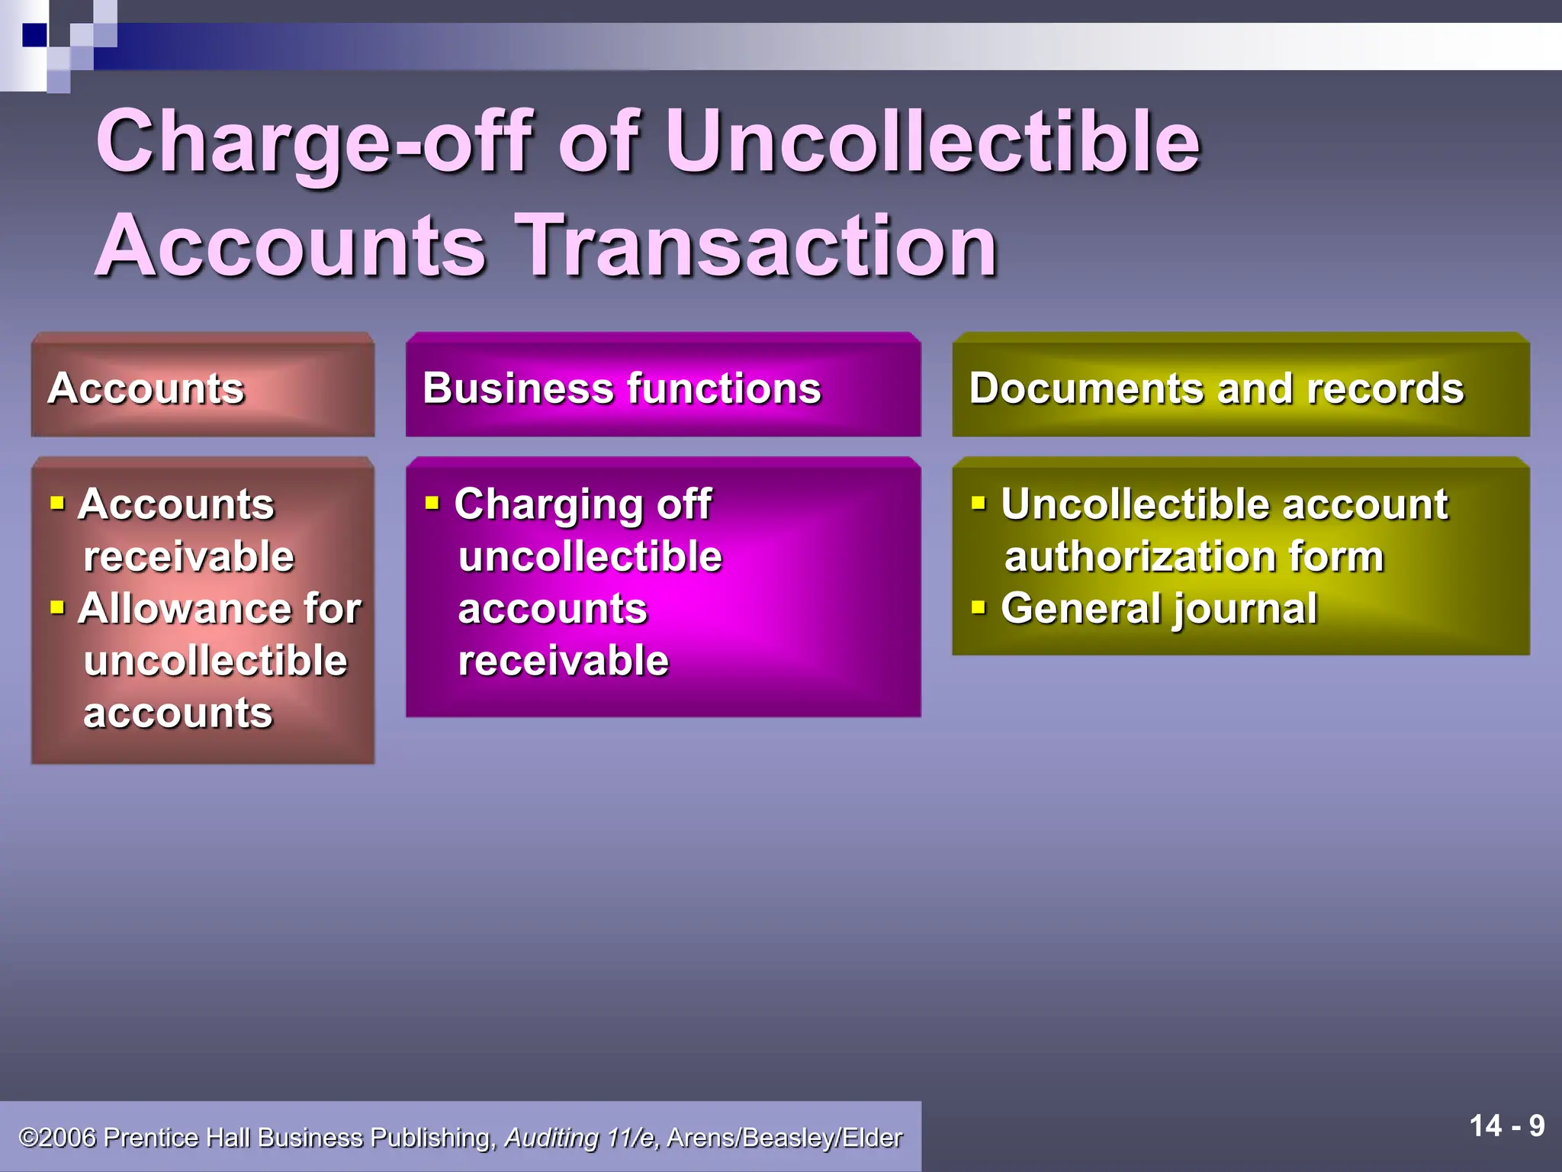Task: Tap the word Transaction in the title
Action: [x=756, y=246]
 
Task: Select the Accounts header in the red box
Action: [x=146, y=388]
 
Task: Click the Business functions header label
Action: [x=622, y=388]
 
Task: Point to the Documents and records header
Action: [x=1216, y=388]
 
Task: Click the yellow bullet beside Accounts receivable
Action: [x=57, y=503]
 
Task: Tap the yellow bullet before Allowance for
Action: [x=57, y=607]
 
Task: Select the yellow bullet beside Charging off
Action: [x=432, y=503]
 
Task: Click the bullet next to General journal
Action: [x=979, y=607]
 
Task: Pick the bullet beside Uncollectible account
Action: [x=979, y=503]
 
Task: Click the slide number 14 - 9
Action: [x=1506, y=1126]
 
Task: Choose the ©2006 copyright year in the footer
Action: [x=58, y=1138]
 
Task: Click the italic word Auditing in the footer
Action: [x=551, y=1138]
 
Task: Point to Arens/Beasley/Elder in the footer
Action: [x=784, y=1138]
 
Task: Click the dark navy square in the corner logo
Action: [x=34, y=35]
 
